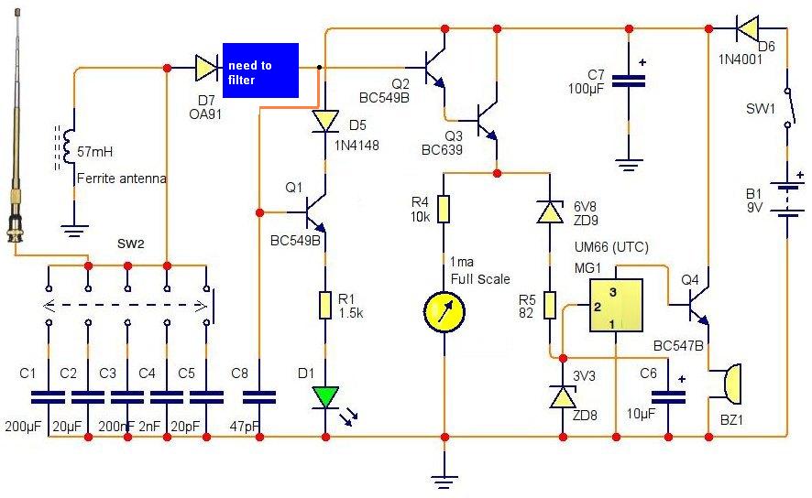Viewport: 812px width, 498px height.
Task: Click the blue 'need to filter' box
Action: pyautogui.click(x=260, y=70)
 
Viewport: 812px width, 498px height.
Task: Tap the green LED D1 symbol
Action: pyautogui.click(x=325, y=397)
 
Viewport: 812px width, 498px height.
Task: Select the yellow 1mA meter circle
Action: pyautogui.click(x=444, y=312)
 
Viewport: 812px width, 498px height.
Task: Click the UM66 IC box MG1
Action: pyautogui.click(x=616, y=305)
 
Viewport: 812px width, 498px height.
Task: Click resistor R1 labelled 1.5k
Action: pyautogui.click(x=324, y=306)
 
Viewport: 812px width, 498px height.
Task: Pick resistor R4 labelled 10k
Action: pyautogui.click(x=444, y=209)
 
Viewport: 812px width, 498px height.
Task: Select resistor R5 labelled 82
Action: pyautogui.click(x=550, y=305)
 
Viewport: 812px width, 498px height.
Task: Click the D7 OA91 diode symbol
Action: pyautogui.click(x=206, y=68)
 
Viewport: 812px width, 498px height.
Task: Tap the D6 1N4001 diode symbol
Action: pyautogui.click(x=747, y=28)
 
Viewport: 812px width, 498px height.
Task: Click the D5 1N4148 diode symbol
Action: pyautogui.click(x=325, y=122)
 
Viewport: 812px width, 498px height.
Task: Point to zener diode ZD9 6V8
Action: pyautogui.click(x=550, y=211)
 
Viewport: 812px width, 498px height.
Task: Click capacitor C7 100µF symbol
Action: pyautogui.click(x=629, y=81)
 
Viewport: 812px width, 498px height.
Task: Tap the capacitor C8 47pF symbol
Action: pyautogui.click(x=259, y=397)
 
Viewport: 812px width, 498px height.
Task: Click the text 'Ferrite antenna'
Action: pyautogui.click(x=122, y=179)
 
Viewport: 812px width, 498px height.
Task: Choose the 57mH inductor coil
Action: pyautogui.click(x=66, y=146)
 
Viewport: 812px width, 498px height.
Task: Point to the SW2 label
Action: pyautogui.click(x=130, y=244)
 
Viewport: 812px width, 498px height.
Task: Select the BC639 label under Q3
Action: pyautogui.click(x=442, y=150)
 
